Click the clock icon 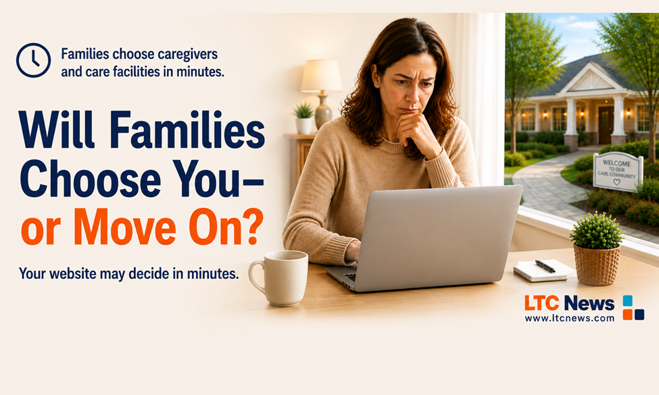34,60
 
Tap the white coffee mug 279,278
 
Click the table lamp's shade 322,76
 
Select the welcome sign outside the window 618,172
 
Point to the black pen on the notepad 545,266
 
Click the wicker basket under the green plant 597,265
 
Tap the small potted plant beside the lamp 304,118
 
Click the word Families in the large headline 188,130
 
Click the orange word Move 125,227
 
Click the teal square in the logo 627,300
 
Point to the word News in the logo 589,303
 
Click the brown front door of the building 606,125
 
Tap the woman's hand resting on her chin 416,130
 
